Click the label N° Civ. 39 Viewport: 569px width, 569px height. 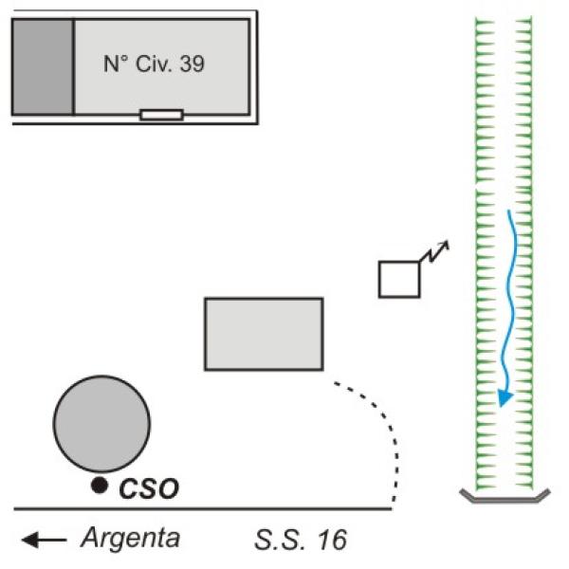(154, 65)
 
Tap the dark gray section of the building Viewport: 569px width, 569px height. (43, 66)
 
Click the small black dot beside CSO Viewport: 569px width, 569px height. (99, 486)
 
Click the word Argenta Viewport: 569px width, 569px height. (130, 540)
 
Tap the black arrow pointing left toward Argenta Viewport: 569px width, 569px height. (45, 541)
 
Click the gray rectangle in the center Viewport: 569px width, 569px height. (264, 333)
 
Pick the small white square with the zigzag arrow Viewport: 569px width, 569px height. (399, 278)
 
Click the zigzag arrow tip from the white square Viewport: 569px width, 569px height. (446, 245)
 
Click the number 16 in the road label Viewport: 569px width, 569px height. (331, 541)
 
